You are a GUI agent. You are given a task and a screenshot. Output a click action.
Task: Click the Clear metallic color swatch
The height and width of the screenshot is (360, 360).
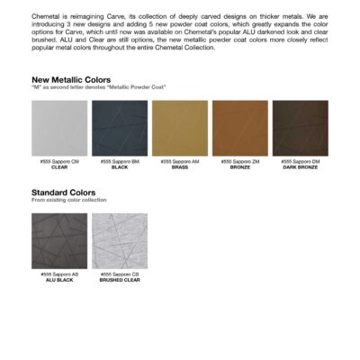point(59,128)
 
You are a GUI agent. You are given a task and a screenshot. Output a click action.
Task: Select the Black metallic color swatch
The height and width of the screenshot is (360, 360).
point(120,128)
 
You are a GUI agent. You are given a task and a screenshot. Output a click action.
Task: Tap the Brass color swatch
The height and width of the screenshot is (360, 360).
point(180,128)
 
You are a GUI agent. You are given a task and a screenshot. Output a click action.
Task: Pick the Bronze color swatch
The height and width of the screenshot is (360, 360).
point(240,128)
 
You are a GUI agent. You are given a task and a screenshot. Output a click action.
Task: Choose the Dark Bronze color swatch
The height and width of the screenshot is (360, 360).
point(300,128)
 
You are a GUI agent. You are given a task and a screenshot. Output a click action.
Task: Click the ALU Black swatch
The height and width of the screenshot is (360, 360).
point(59,240)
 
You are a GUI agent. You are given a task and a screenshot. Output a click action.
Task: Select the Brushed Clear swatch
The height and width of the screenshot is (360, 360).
point(120,240)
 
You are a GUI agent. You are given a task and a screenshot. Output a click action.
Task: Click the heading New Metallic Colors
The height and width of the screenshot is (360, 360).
point(71,79)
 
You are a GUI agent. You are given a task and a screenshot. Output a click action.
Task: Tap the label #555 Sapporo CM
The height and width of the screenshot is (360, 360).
point(59,161)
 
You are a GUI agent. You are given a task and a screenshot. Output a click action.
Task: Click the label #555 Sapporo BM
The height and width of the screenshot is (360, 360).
point(120,161)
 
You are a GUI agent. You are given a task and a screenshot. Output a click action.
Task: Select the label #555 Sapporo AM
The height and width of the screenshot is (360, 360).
point(180,161)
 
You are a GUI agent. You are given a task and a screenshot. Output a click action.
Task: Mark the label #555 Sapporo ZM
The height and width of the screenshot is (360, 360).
point(240,161)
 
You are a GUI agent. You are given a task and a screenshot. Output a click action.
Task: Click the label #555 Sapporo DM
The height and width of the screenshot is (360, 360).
point(300,161)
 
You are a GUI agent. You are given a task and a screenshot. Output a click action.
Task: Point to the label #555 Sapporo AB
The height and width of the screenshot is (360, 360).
point(59,274)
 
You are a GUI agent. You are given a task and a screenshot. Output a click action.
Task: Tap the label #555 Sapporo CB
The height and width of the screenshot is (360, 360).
point(120,274)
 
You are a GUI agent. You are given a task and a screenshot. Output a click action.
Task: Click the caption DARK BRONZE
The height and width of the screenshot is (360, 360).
point(300,166)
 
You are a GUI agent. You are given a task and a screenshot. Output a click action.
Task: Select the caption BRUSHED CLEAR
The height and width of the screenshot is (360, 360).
point(120,279)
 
